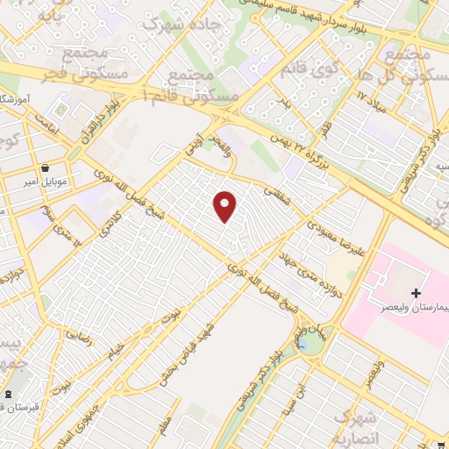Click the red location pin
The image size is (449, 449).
[225, 206]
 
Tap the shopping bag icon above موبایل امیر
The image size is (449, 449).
[45, 167]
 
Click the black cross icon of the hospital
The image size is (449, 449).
[416, 292]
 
